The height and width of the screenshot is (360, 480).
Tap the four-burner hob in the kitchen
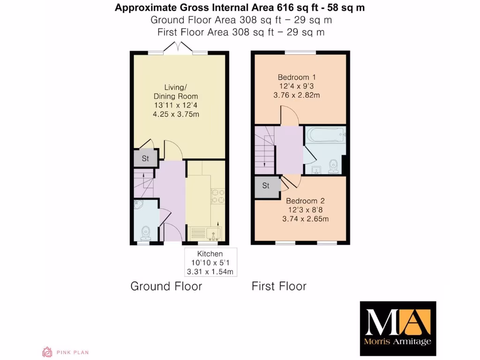pos(218,196)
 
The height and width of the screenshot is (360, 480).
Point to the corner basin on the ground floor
pos(139,204)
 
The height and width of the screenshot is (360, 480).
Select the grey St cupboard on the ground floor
pos(145,158)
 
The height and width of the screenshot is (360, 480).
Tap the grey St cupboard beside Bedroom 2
pos(266,186)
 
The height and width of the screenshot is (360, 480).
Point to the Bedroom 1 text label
pos(293,77)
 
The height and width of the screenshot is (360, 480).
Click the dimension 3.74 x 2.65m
pos(305,218)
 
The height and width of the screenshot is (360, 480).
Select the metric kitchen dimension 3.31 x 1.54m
pos(210,271)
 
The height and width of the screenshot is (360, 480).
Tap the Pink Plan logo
pos(65,352)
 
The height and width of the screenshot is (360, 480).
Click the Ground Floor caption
pos(166,286)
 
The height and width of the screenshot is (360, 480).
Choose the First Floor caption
pos(279,286)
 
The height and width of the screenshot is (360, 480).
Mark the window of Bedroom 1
pos(300,52)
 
